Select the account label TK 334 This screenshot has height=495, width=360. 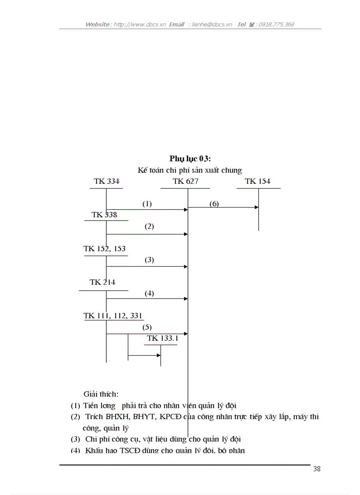[x=106, y=181]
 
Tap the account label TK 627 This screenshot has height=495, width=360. [x=185, y=181]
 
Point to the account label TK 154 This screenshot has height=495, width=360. [x=258, y=181]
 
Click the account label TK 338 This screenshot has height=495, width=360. [x=105, y=215]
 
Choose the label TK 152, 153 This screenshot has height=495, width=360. [x=105, y=249]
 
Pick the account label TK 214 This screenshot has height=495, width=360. [x=102, y=282]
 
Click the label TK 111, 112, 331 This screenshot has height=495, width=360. [x=113, y=316]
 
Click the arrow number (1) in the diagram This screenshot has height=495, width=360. [x=147, y=204]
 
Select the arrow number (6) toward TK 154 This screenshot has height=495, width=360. [x=214, y=204]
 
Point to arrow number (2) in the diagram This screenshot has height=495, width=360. [x=149, y=227]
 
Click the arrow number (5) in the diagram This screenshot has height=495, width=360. [x=147, y=328]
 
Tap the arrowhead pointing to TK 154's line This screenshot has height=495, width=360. [x=256, y=207]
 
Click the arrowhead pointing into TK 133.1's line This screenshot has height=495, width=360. [x=158, y=355]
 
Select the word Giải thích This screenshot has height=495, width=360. [x=101, y=394]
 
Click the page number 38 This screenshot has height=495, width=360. [x=317, y=469]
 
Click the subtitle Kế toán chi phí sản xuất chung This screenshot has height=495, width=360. [x=190, y=170]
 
